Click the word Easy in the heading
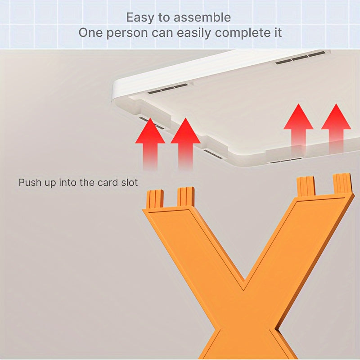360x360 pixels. (139, 18)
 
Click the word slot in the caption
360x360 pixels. (129, 183)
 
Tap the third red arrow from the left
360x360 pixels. (298, 128)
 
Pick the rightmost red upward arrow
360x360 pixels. (336, 128)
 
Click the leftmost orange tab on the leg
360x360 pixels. (155, 199)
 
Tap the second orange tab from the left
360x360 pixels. (186, 197)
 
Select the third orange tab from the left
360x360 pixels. (306, 186)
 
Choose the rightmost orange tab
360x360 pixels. (342, 183)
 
